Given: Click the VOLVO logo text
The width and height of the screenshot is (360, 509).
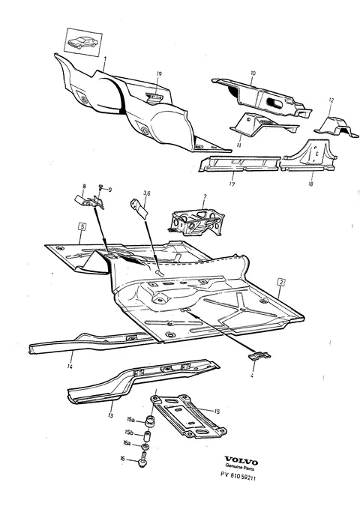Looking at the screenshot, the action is pyautogui.click(x=241, y=460).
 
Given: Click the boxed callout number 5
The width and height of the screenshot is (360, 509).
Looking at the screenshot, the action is pyautogui.click(x=82, y=226).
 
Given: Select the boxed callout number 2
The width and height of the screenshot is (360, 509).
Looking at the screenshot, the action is pyautogui.click(x=281, y=282).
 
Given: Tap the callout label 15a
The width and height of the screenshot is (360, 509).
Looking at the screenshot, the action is pyautogui.click(x=130, y=420).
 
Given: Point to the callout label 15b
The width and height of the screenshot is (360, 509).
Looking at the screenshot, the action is pyautogui.click(x=129, y=433).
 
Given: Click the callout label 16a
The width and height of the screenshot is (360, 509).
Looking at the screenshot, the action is pyautogui.click(x=127, y=443).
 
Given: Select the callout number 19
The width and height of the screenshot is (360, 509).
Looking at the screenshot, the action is pyautogui.click(x=159, y=74).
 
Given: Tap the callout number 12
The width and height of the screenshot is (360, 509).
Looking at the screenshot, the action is pyautogui.click(x=331, y=100).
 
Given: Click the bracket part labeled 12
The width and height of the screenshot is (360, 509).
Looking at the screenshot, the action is pyautogui.click(x=337, y=127).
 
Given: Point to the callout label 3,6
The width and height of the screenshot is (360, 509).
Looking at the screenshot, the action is pyautogui.click(x=146, y=193).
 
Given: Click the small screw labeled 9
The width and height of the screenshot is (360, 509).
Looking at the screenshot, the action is pyautogui.click(x=100, y=187).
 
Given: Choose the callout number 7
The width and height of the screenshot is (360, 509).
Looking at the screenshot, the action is pyautogui.click(x=205, y=196).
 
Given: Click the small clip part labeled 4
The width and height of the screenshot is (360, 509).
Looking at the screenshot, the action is pyautogui.click(x=259, y=355).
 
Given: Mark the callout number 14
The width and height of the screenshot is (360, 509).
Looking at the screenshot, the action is pyautogui.click(x=70, y=366).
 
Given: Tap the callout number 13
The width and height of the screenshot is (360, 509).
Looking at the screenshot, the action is pyautogui.click(x=110, y=415).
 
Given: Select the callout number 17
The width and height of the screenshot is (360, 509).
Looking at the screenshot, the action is pyautogui.click(x=232, y=184).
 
